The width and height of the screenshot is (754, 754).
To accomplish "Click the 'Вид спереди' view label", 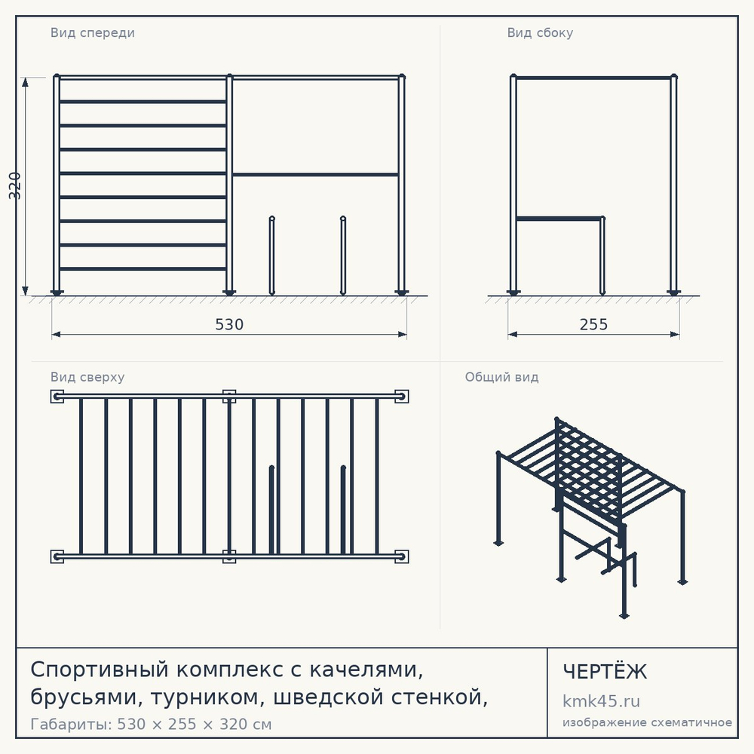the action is tap(92, 32).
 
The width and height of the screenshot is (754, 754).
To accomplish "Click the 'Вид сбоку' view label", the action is tap(540, 32).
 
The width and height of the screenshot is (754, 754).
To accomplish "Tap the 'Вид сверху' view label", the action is tap(87, 377).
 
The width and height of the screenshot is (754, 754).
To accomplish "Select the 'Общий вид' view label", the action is tap(501, 377).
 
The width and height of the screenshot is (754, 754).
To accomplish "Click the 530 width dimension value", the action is tap(229, 324).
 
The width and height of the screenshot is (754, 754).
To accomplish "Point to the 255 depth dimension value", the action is tap(594, 324).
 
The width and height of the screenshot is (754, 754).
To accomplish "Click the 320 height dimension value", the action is tap(15, 185).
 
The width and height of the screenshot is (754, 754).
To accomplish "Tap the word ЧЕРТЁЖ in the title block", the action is tap(605, 672).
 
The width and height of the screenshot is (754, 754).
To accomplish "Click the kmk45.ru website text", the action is tap(601, 701).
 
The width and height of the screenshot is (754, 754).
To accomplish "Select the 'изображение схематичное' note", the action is tap(647, 722).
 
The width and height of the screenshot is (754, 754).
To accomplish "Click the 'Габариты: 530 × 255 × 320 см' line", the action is tap(151, 724).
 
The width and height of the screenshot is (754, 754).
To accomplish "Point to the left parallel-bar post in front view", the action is tap(271, 256).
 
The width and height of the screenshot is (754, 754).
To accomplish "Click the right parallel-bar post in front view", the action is tap(343, 256).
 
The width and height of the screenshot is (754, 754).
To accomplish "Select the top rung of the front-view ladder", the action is tap(143, 102).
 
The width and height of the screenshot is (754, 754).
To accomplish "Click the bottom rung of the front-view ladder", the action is tap(143, 269).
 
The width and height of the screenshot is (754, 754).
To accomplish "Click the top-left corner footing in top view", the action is tap(57, 397).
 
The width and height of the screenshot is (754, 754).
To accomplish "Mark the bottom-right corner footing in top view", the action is tap(402, 556).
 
